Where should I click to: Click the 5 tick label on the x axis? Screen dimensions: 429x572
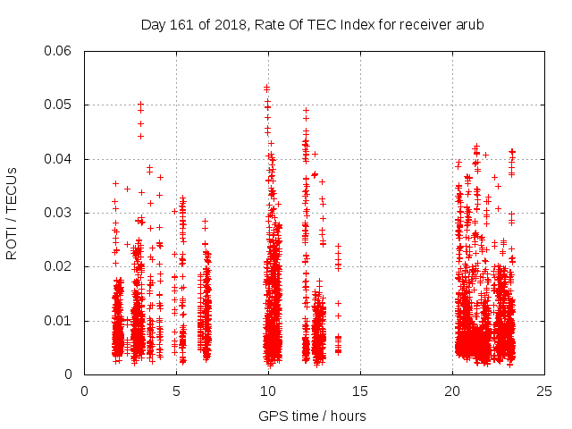[x=176, y=391]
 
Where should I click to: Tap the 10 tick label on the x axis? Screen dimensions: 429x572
[x=268, y=391]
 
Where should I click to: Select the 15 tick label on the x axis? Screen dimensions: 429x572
[x=360, y=391]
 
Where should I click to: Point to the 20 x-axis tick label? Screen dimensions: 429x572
[x=452, y=391]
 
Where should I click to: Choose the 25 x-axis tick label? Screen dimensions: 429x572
[x=544, y=391]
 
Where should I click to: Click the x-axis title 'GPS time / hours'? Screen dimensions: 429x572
[x=312, y=416]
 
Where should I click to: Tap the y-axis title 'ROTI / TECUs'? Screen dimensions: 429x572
[x=13, y=213]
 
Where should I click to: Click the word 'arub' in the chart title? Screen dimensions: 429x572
[x=469, y=24]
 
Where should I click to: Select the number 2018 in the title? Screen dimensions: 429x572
[x=226, y=24]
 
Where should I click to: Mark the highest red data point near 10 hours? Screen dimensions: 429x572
[x=266, y=88]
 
